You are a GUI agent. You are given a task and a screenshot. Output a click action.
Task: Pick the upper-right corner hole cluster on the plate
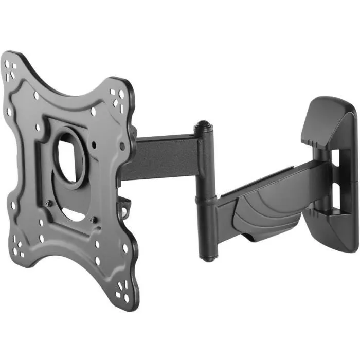(x=118, y=97)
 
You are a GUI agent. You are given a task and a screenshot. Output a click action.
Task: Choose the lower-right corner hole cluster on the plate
(x=123, y=296)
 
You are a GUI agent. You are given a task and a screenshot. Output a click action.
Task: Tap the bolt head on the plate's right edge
(x=122, y=147)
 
